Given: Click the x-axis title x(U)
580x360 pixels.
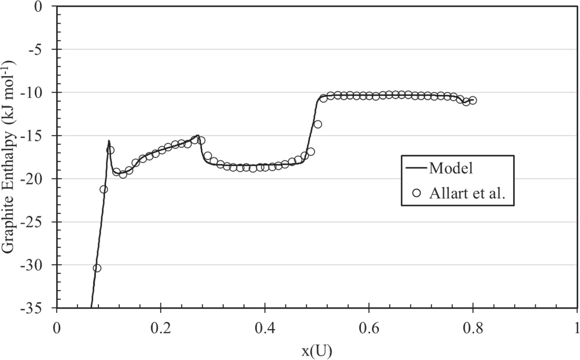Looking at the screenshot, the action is pos(317,351).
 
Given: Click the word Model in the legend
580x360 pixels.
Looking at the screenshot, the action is pos(451,168).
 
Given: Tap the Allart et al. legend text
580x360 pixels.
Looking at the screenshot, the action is pos(467,193).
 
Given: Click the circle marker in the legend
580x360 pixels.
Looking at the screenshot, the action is pos(417,193).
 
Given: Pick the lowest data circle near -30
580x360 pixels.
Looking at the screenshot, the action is pos(97,268).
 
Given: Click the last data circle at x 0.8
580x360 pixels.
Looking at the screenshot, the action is pos(473,101).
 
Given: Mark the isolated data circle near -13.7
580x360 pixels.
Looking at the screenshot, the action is pos(318,124).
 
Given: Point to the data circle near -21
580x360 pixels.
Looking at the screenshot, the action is pos(104,190).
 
